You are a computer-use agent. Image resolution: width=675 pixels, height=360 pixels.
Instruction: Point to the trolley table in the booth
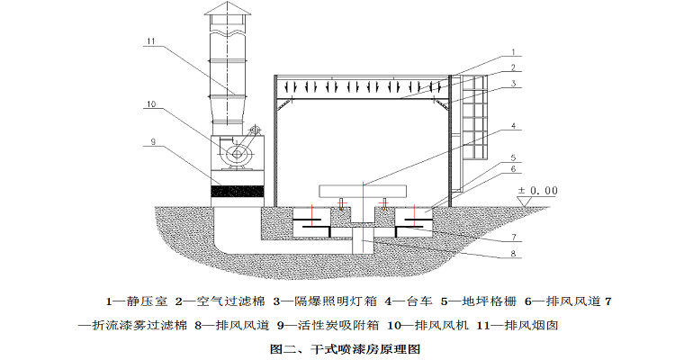(362, 190)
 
